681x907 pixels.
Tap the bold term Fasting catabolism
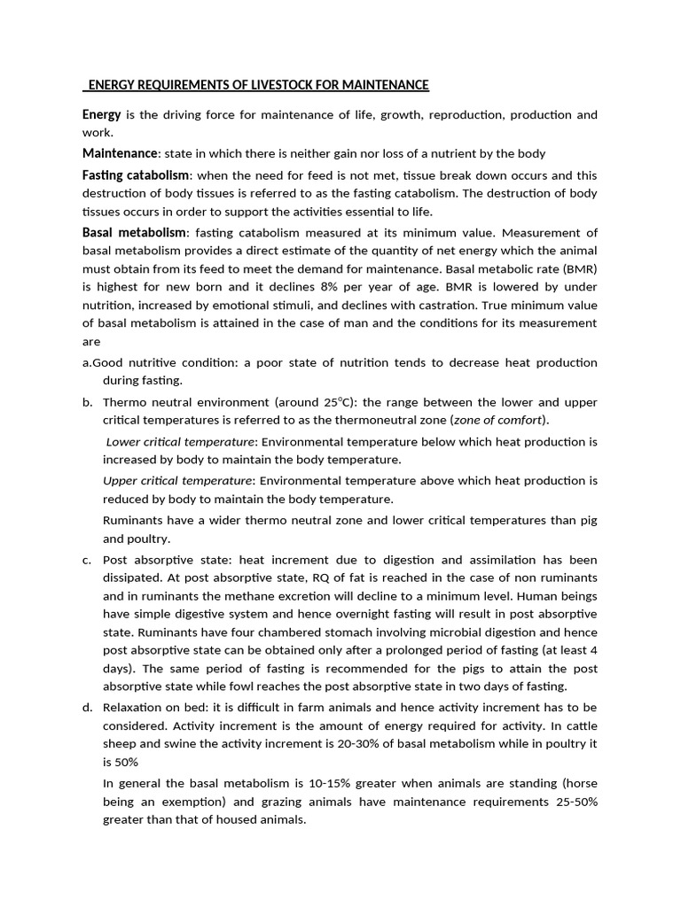pyautogui.click(x=136, y=175)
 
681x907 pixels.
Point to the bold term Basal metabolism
pyautogui.click(x=134, y=232)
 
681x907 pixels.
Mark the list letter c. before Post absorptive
pyautogui.click(x=87, y=560)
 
